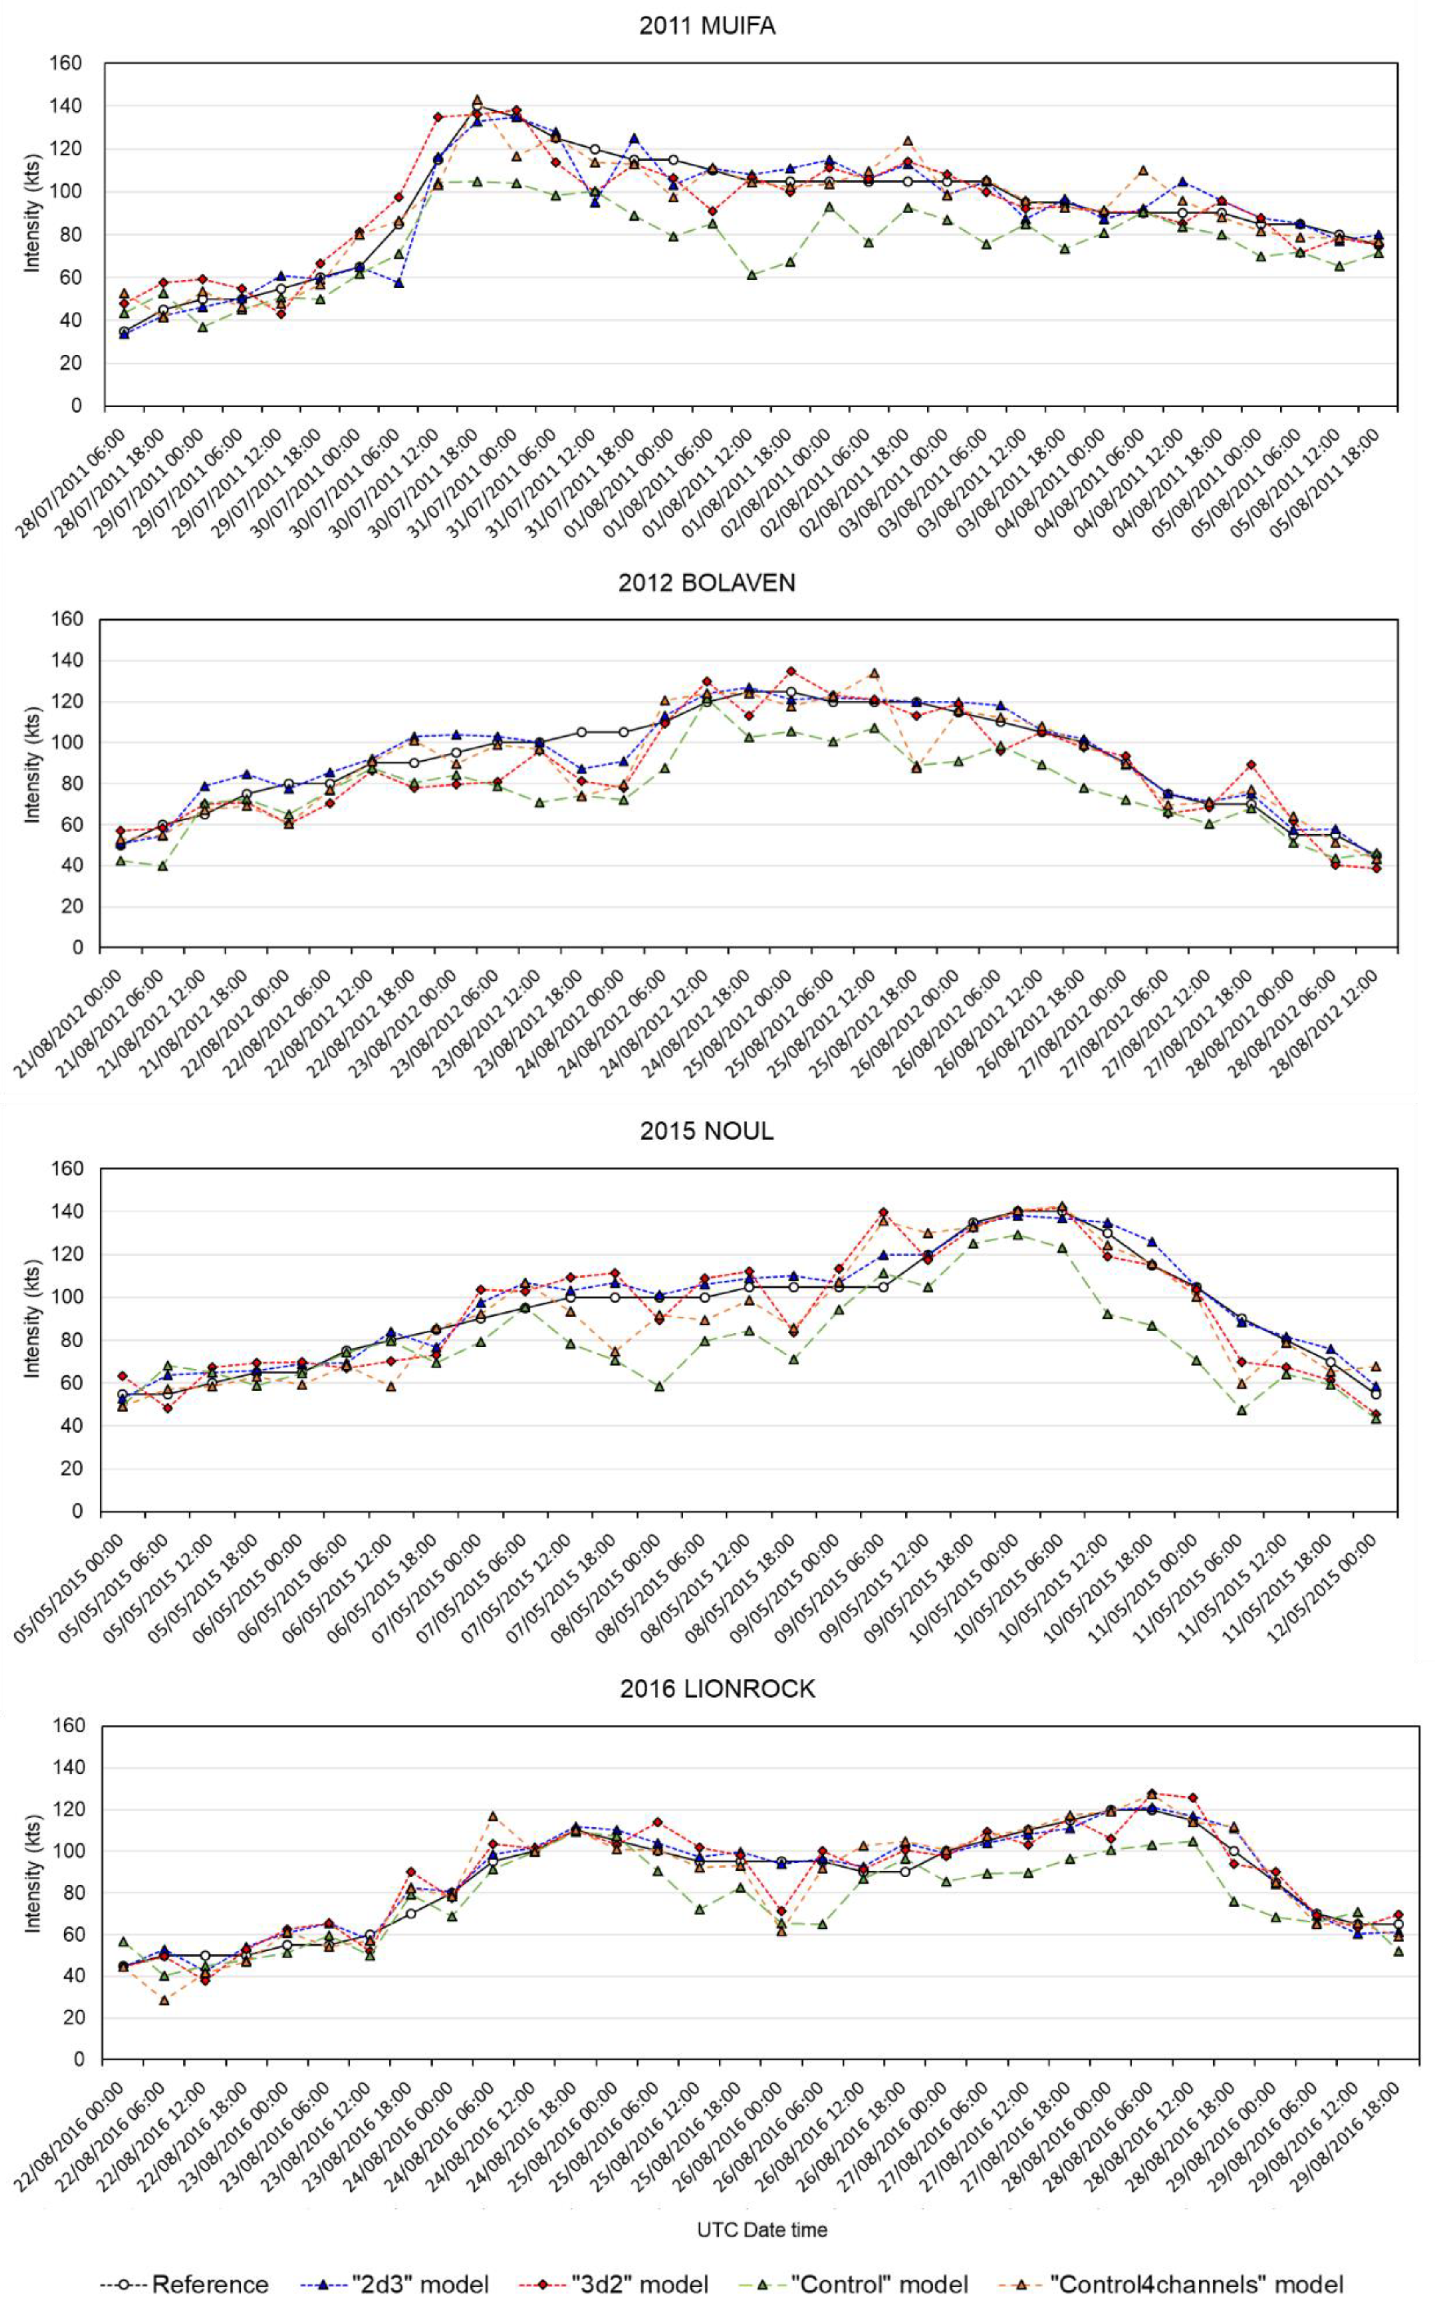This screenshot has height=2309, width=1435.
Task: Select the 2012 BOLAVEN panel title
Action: [707, 582]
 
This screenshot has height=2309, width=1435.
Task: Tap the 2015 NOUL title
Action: [707, 1131]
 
